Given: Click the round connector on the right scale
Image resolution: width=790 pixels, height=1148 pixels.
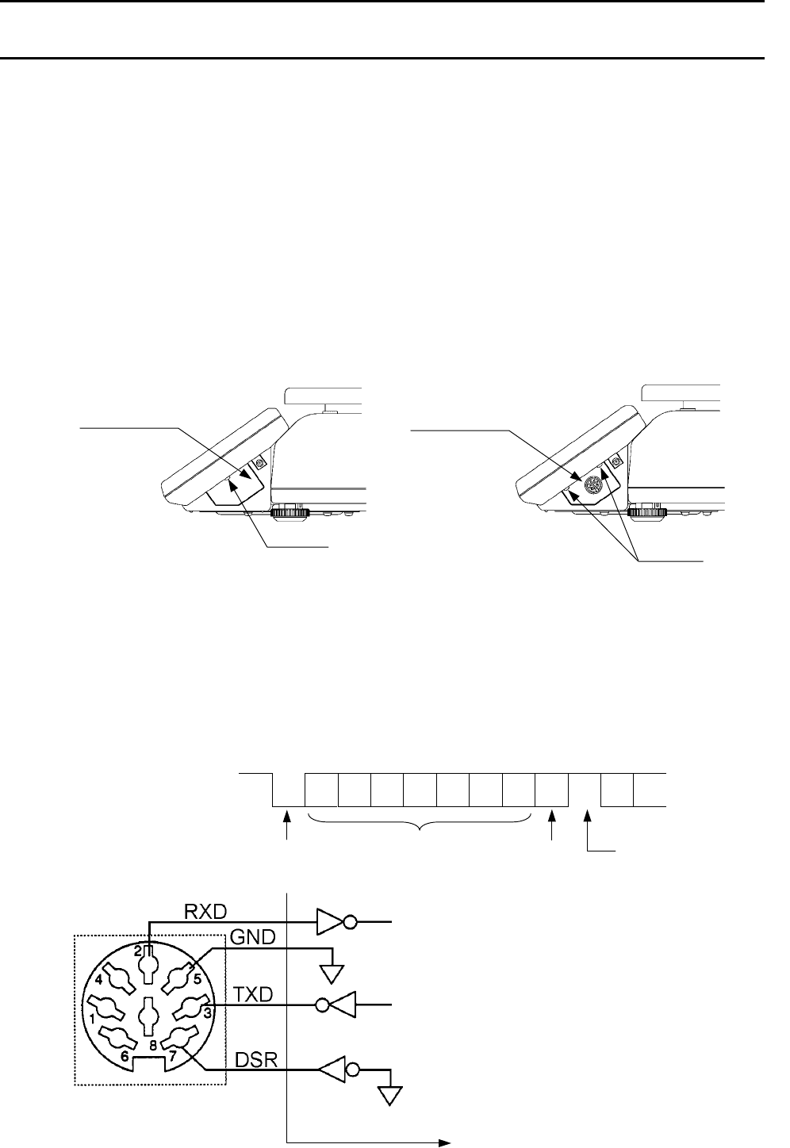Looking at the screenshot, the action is [x=589, y=487].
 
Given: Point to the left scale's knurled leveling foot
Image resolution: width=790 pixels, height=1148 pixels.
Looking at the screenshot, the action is [x=290, y=513].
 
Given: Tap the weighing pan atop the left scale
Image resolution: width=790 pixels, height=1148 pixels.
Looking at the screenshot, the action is [x=325, y=394].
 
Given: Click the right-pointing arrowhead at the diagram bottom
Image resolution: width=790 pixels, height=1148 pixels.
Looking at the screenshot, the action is [x=445, y=1142].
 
